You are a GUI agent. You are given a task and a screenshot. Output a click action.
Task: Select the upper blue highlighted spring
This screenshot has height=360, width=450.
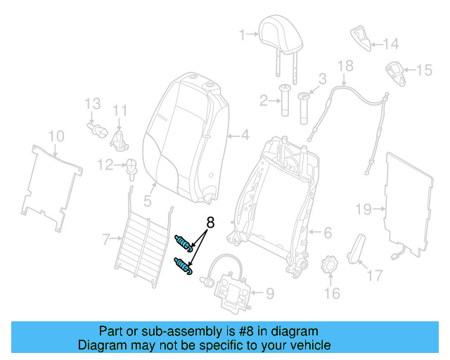coord(184,243)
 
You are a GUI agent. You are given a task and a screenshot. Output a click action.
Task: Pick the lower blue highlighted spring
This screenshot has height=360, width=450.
coord(184,266)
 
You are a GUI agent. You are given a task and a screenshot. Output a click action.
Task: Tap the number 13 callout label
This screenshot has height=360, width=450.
coord(93,105)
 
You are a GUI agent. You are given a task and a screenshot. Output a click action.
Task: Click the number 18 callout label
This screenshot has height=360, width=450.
coord(345,67)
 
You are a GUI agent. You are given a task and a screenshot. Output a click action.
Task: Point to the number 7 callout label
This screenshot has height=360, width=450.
coord(105,240)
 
